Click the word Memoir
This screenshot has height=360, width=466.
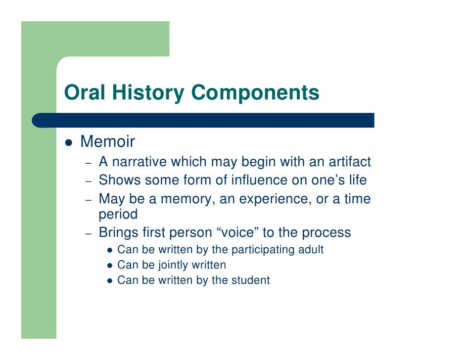(x=107, y=142)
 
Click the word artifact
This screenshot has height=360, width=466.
(x=346, y=162)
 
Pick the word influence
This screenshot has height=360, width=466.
(x=263, y=180)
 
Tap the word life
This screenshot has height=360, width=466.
(x=356, y=180)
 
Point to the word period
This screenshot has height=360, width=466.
(x=118, y=215)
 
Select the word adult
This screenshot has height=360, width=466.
(x=310, y=250)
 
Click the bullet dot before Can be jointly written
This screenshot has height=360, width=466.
(x=110, y=266)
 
